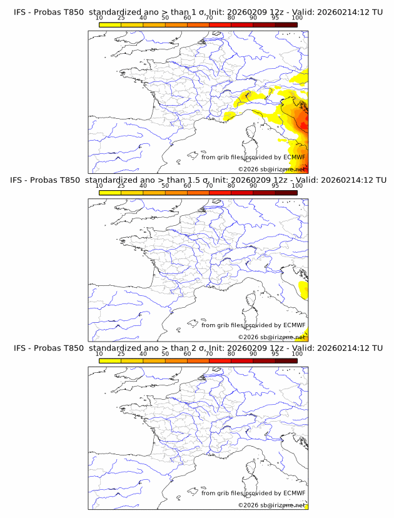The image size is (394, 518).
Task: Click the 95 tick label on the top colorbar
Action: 275,18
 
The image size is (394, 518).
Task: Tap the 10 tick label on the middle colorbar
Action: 99,186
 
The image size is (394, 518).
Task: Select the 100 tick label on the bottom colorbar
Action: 297,353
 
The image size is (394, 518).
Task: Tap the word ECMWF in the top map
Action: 294,157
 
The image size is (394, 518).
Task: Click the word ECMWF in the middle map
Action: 294,325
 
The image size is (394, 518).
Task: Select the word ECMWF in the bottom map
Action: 294,493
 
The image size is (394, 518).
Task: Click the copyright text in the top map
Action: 271,169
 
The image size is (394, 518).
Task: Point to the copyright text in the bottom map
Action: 271,505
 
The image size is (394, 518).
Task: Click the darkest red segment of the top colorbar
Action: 286,24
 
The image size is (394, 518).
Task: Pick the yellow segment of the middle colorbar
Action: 110,193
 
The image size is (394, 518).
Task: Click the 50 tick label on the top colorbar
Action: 165,18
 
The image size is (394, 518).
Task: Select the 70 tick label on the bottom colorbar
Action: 209,353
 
